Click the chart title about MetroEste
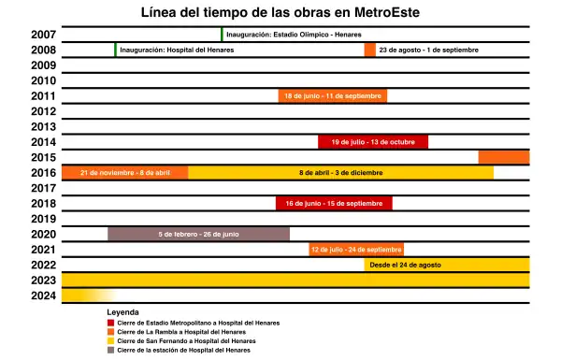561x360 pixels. point(280,12)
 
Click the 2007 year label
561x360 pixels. point(44,35)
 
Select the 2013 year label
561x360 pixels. point(44,126)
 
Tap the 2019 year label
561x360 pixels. point(44,219)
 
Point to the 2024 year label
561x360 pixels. point(44,295)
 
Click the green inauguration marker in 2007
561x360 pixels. point(222,35)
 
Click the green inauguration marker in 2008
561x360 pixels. point(115,50)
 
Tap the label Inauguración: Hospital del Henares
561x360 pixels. point(175,50)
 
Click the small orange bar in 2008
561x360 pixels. point(370,50)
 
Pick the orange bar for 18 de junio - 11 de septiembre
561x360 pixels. point(333,95)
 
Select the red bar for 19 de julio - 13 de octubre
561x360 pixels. point(373,142)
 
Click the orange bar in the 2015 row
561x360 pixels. point(503,157)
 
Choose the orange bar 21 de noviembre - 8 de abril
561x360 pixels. point(125,172)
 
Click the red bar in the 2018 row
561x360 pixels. point(334,203)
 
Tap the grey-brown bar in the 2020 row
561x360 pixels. point(198,234)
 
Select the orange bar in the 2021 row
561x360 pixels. point(356,250)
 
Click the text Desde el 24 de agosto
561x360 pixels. point(405,265)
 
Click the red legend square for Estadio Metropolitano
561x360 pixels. point(110,323)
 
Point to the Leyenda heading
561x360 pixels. point(123,311)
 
